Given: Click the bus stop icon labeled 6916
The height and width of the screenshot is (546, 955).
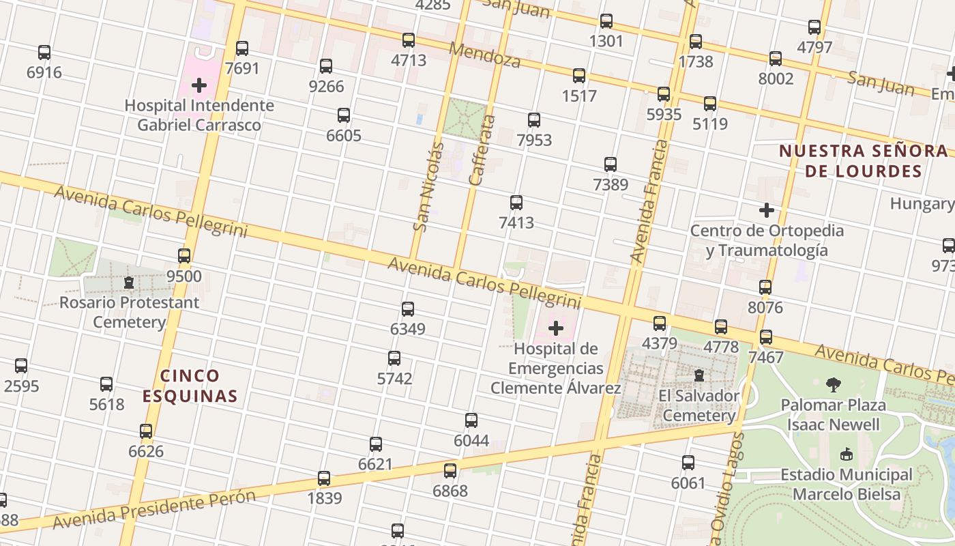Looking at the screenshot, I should [x=44, y=53].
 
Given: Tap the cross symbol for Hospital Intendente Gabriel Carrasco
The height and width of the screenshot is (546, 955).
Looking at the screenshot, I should [x=199, y=85].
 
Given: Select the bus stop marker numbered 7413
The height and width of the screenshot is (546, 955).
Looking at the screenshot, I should [x=516, y=203].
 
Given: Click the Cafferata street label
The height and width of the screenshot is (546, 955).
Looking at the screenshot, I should [x=482, y=150].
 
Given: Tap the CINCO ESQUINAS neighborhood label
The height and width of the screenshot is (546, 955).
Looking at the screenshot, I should [x=190, y=386].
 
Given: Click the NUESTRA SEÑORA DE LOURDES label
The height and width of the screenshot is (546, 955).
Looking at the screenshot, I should [x=864, y=161].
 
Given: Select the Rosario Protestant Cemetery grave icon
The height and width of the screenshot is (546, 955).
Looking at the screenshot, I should [x=128, y=283].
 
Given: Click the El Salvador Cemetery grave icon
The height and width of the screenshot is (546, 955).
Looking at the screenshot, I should [x=699, y=375].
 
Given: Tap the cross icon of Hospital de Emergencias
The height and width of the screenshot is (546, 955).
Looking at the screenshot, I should [x=556, y=329].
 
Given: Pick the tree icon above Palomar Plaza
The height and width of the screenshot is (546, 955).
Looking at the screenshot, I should [x=833, y=385].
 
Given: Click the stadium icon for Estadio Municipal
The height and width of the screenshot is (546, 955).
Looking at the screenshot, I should [x=847, y=455].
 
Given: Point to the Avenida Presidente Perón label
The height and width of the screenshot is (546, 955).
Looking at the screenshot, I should [x=153, y=508].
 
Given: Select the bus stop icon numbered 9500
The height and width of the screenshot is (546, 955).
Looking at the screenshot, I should [x=184, y=256].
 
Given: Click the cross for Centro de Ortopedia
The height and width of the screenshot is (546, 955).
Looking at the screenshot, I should [x=767, y=210].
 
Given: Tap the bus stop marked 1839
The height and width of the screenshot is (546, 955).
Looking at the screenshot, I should [x=324, y=478].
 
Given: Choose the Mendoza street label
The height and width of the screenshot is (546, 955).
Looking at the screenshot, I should [x=485, y=55].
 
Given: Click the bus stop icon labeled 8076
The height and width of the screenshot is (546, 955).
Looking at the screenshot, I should [x=765, y=287].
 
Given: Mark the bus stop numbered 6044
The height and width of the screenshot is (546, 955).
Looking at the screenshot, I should [x=471, y=420].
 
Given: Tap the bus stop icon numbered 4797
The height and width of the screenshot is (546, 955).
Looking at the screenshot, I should [x=814, y=27].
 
